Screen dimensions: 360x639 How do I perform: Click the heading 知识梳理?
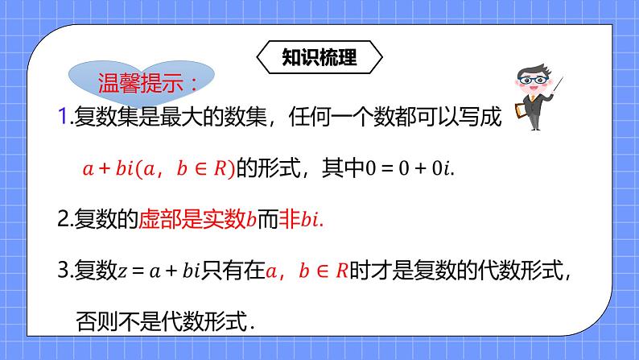click(x=319, y=57)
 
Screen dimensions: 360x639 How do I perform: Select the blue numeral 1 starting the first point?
click(x=64, y=119)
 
